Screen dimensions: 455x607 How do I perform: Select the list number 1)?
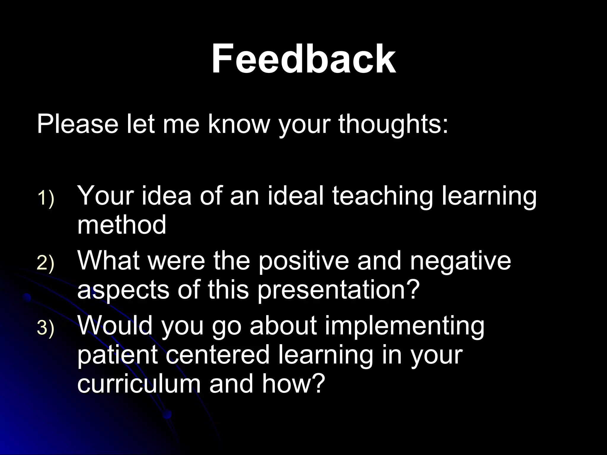coord(46,198)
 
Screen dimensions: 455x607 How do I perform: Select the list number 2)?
coord(46,263)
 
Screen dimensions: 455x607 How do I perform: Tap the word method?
coord(122,225)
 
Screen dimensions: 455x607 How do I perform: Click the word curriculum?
coord(139,384)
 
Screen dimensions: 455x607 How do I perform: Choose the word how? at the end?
coord(292,384)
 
